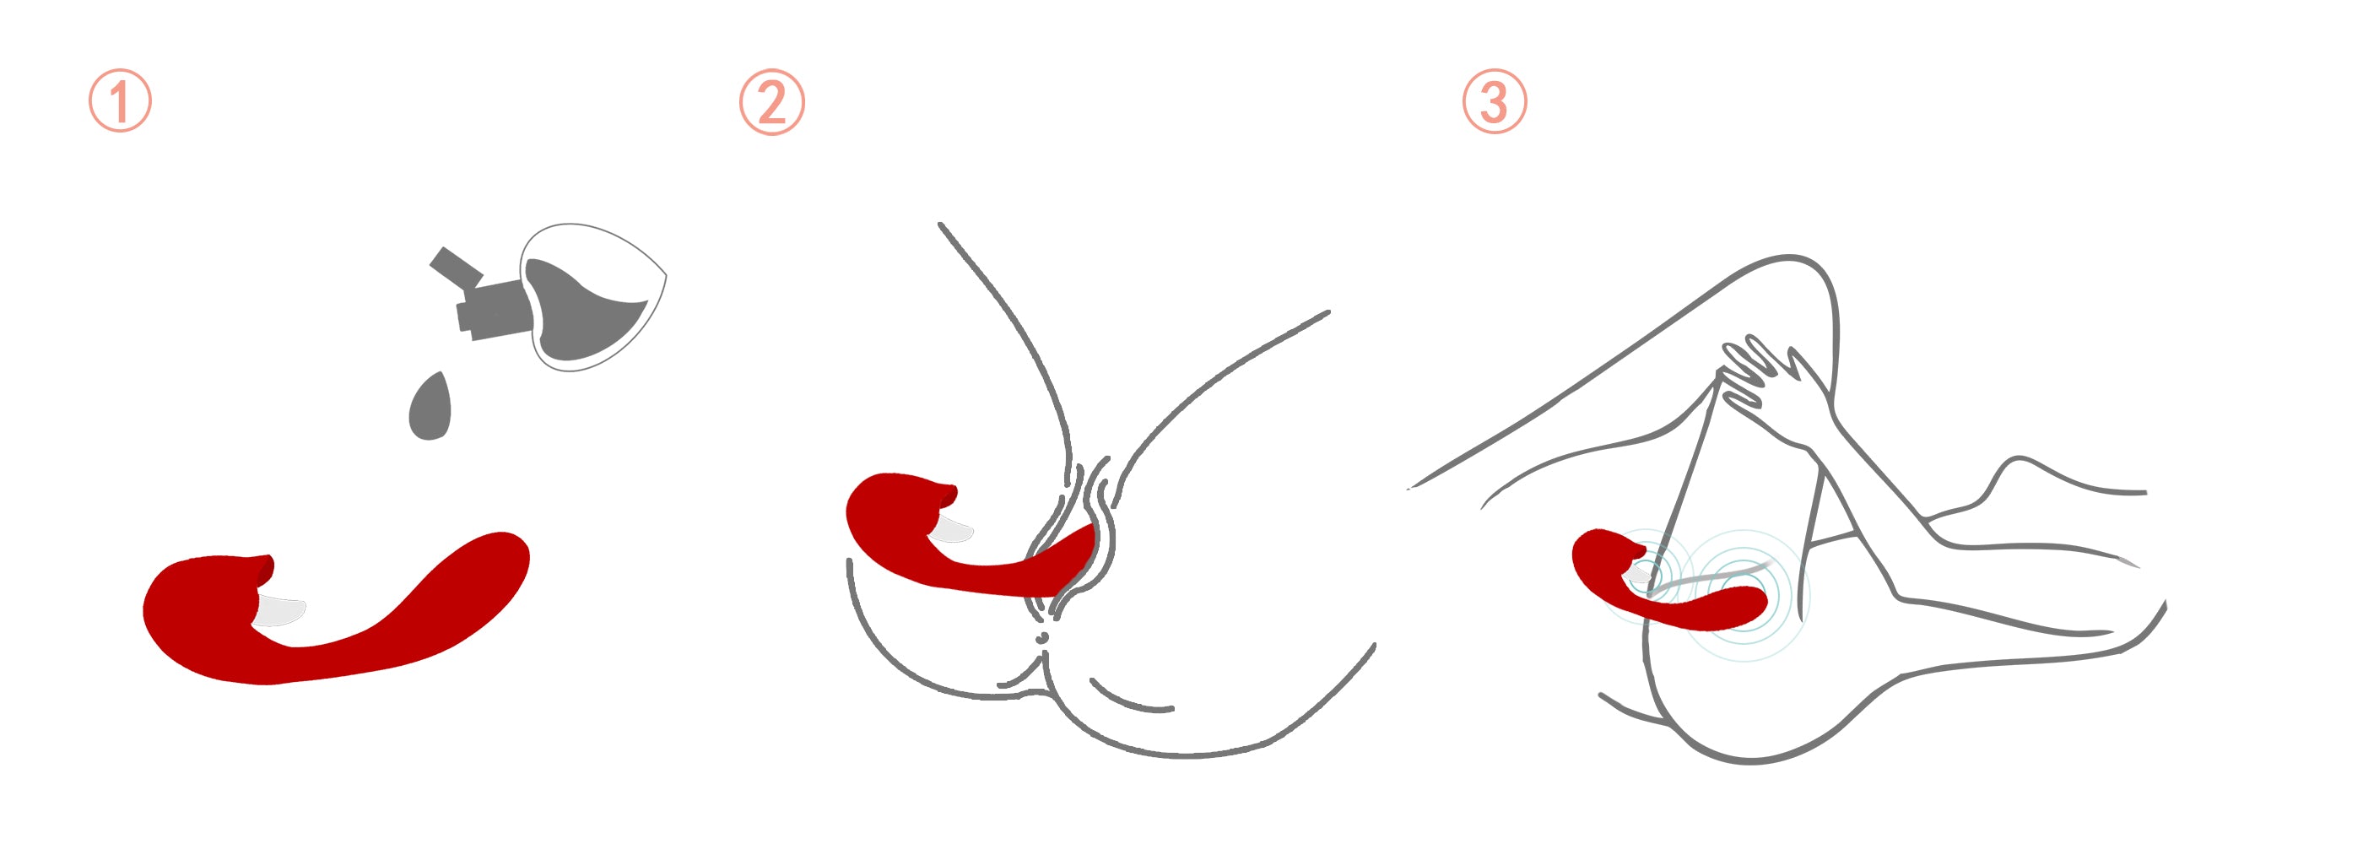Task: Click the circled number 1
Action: point(120,101)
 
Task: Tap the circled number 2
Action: point(771,102)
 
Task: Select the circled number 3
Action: point(1495,101)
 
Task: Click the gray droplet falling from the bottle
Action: point(430,407)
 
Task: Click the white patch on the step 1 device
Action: point(278,611)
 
